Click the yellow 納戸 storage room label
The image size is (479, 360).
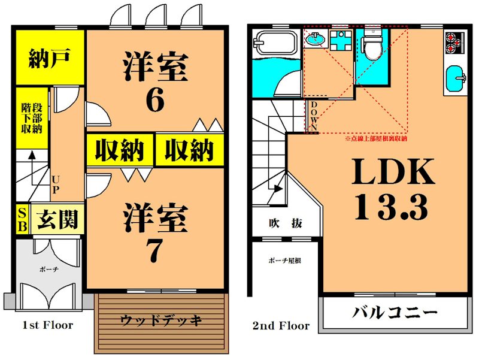[50, 58]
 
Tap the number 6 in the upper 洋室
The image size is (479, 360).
[154, 99]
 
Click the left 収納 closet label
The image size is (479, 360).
[120, 150]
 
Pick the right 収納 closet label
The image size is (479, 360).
[189, 150]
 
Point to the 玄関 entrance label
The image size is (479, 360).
[58, 220]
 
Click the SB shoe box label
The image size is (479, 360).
[22, 220]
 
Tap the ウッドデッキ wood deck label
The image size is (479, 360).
[160, 319]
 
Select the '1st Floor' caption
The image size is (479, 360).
[47, 325]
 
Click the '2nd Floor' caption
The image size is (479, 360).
[281, 326]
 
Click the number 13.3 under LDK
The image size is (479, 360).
[392, 207]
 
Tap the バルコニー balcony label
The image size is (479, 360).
[395, 313]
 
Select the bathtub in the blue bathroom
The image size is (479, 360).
[275, 44]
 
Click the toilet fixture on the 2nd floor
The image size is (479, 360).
[371, 46]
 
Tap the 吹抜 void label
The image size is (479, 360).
[285, 223]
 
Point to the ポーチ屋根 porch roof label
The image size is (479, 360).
[284, 261]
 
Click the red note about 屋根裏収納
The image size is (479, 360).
[376, 138]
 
